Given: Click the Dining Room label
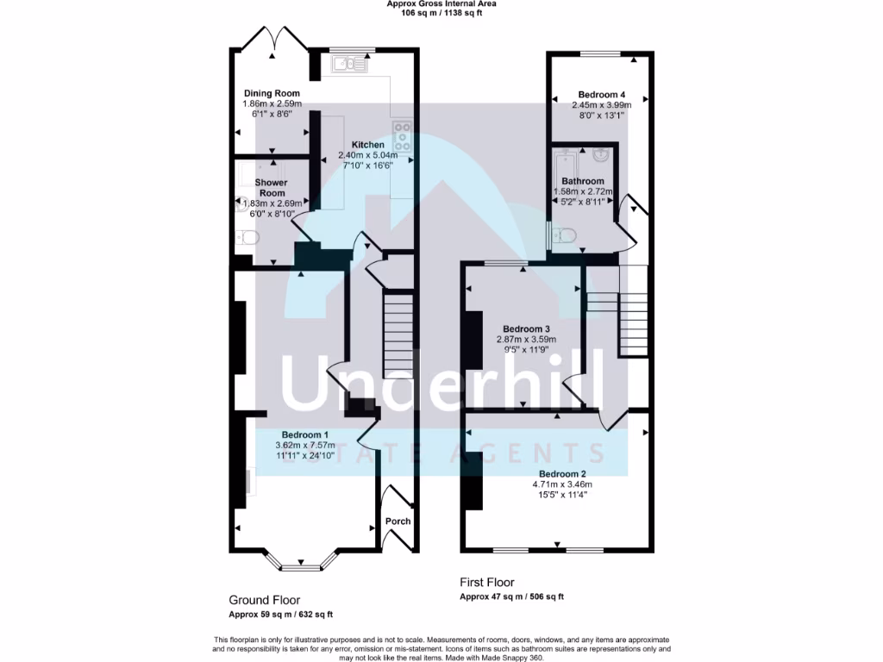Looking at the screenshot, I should pos(271,93).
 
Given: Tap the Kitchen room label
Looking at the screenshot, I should pos(366,145).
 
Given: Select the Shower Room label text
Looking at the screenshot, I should pos(270,188).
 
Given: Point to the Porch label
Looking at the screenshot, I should pos(398,521).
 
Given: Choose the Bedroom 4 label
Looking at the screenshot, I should pos(601,94).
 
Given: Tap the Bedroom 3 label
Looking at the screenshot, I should pos(526,329).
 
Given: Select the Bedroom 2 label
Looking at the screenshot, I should pos(562,474).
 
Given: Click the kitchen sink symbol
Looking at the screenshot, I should pos(348,63).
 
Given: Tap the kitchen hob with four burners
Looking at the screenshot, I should pos(403,136).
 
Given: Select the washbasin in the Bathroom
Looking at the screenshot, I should pos(601,157).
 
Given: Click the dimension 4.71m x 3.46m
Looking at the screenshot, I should pos(562,484).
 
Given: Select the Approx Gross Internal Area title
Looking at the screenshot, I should pos(441,4).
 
